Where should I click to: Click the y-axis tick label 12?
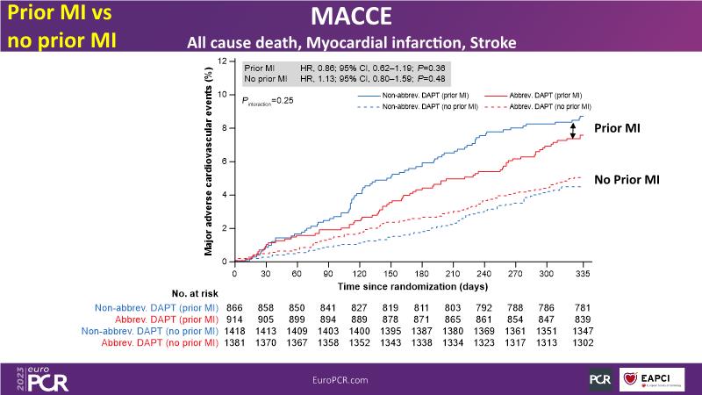[x=224, y=61]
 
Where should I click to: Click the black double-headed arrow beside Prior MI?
[x=573, y=129]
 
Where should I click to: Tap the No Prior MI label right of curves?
[x=627, y=179]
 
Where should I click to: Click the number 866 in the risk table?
[x=235, y=306]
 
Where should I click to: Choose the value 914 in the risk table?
[x=235, y=318]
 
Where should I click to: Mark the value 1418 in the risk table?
[x=235, y=330]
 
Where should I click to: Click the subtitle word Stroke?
[x=488, y=43]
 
